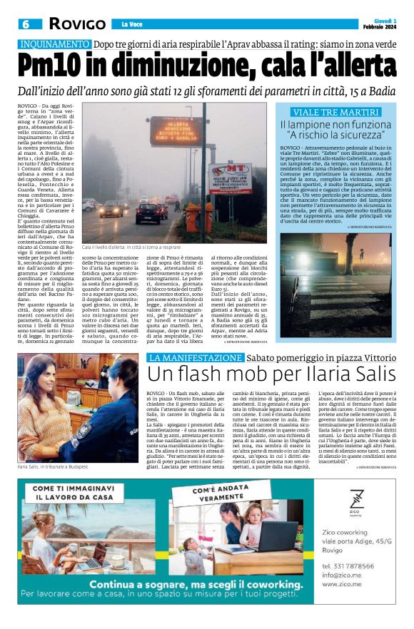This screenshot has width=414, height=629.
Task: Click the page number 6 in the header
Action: pyautogui.click(x=26, y=24)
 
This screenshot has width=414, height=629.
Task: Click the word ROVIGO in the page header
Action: pyautogui.click(x=76, y=24)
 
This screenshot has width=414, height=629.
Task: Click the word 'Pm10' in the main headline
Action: pyautogui.click(x=63, y=66)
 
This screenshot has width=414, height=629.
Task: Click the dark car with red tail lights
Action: pyautogui.click(x=148, y=213)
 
